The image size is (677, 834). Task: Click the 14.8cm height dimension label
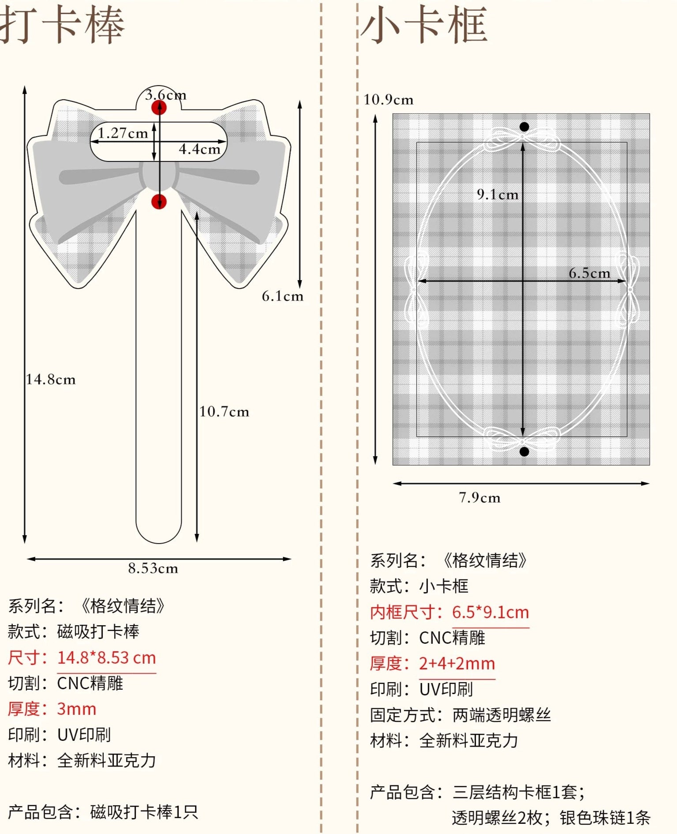pyautogui.click(x=51, y=379)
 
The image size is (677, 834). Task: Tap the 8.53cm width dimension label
pyautogui.click(x=153, y=568)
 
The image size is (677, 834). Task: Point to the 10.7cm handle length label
pyautogui.click(x=224, y=412)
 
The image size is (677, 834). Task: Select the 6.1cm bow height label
pyautogui.click(x=283, y=296)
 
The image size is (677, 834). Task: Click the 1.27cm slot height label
pyautogui.click(x=123, y=133)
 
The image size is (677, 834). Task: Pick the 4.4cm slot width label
pyautogui.click(x=200, y=149)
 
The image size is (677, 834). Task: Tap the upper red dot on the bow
pyautogui.click(x=159, y=108)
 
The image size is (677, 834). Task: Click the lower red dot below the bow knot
pyautogui.click(x=159, y=202)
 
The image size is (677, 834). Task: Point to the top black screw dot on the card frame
pyautogui.click(x=524, y=127)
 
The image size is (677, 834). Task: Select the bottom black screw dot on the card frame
pyautogui.click(x=524, y=451)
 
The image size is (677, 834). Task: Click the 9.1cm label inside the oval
pyautogui.click(x=498, y=195)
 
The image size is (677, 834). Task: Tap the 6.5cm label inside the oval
pyautogui.click(x=590, y=273)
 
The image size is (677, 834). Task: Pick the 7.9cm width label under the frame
pyautogui.click(x=480, y=498)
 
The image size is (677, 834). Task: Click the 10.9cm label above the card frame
pyautogui.click(x=389, y=100)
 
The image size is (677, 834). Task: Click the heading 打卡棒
pyautogui.click(x=62, y=26)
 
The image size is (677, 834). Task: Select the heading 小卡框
pyautogui.click(x=424, y=26)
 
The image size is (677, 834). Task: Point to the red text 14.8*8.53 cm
pyautogui.click(x=106, y=657)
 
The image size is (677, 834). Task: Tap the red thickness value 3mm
pyautogui.click(x=76, y=709)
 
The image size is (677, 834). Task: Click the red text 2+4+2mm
pyautogui.click(x=457, y=663)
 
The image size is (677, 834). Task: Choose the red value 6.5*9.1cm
pyautogui.click(x=490, y=612)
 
